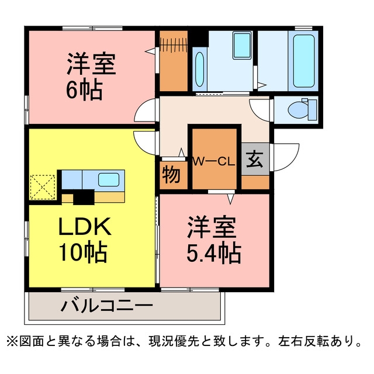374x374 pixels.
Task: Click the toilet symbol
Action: click(302, 109)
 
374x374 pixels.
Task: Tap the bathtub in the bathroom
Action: click(303, 61)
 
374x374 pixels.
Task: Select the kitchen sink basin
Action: click(109, 179)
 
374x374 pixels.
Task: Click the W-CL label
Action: click(214, 162)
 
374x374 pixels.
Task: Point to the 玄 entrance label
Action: click(255, 160)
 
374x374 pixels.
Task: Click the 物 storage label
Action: click(171, 175)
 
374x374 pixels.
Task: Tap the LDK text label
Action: click(85, 226)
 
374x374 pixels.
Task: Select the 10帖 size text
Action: click(83, 252)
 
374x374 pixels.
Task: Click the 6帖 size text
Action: click(84, 89)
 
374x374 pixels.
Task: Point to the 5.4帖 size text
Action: click(214, 252)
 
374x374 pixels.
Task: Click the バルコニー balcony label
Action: click(106, 306)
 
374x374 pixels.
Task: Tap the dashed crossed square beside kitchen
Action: click(43, 187)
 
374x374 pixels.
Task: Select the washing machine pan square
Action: click(242, 46)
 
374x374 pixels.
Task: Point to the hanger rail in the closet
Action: click(174, 45)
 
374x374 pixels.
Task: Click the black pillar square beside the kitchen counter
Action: click(84, 197)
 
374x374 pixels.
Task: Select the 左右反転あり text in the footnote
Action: click(320, 341)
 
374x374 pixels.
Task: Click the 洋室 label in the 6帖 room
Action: click(91, 64)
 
